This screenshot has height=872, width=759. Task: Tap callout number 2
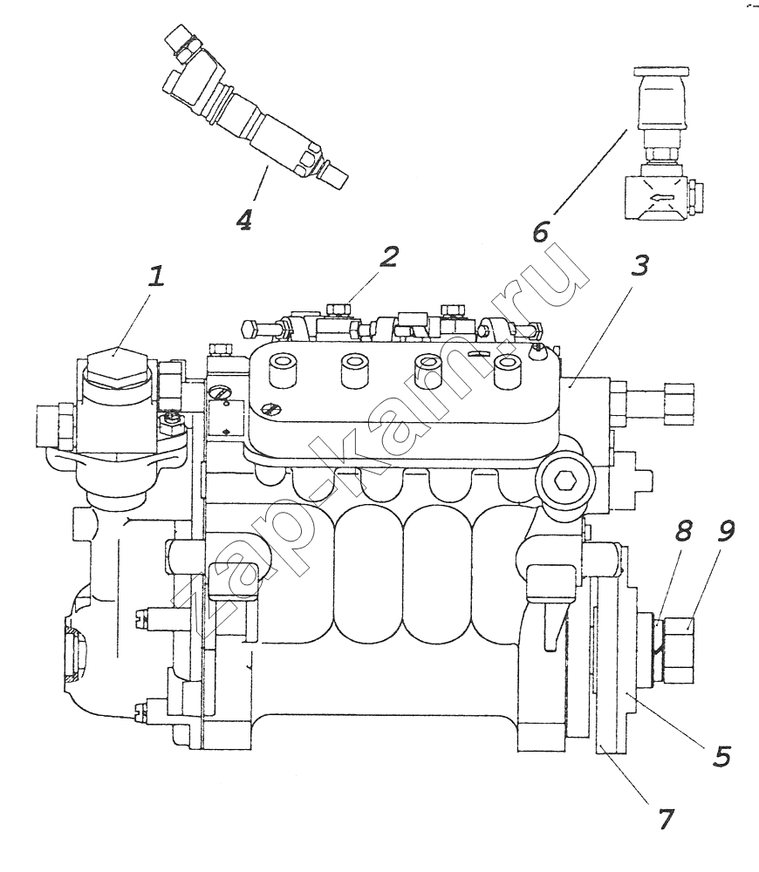pyautogui.click(x=389, y=257)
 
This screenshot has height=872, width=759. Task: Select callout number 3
pyautogui.click(x=639, y=266)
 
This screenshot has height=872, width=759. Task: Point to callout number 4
pyautogui.click(x=244, y=219)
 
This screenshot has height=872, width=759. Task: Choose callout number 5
pyautogui.click(x=722, y=756)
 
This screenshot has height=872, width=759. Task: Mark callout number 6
pyautogui.click(x=540, y=231)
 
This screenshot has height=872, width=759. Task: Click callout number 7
pyautogui.click(x=666, y=819)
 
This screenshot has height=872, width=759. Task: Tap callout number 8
pyautogui.click(x=683, y=531)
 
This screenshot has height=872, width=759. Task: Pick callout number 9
pyautogui.click(x=725, y=531)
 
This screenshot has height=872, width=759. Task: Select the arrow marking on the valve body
pyautogui.click(x=661, y=195)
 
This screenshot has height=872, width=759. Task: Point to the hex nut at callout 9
pyautogui.click(x=677, y=650)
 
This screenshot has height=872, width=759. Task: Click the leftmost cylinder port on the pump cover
pyautogui.click(x=283, y=369)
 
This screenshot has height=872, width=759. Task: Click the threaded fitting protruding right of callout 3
pyautogui.click(x=653, y=401)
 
